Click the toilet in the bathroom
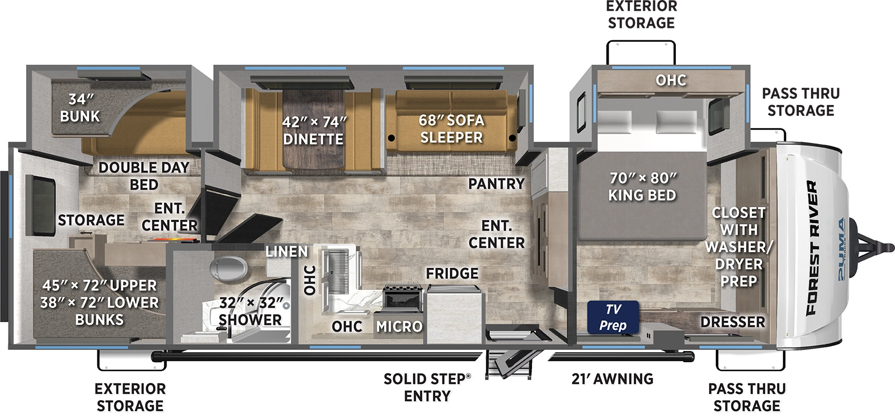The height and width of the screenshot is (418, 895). tap(228, 268)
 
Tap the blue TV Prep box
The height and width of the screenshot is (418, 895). tap(613, 317)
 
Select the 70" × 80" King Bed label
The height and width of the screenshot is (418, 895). tap(642, 187)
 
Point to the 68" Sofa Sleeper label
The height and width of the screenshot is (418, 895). tap(451, 129)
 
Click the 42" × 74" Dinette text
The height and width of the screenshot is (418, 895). tap(313, 130)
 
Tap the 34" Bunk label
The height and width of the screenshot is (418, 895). tap(80, 108)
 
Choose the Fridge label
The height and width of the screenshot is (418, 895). tap(452, 273)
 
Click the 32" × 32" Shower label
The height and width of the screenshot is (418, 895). tap(250, 311)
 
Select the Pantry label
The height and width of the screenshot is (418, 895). tap(496, 183)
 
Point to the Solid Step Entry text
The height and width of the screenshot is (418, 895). tap(427, 387)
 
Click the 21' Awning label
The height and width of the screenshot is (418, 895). tap(612, 379)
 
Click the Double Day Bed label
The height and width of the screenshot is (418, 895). tap(144, 175)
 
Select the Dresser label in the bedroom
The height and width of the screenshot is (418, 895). tap(732, 322)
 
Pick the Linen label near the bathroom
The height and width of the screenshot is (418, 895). tap(286, 251)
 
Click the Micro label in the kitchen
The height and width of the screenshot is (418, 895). tap(399, 326)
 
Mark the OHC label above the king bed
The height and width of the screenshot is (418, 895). tap(671, 80)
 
